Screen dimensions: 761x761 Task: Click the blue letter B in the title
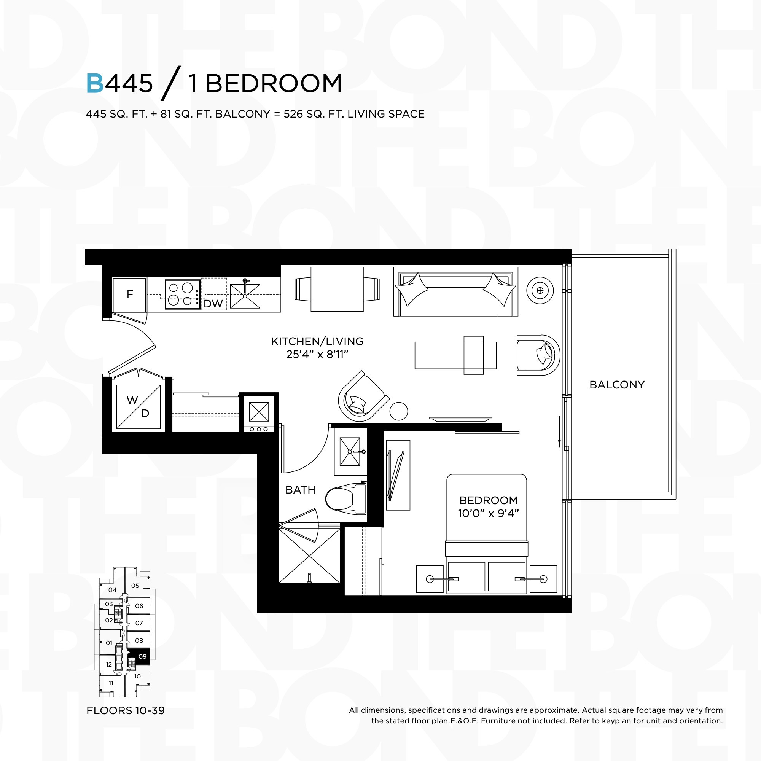tap(95, 83)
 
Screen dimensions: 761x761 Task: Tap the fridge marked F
tap(130, 295)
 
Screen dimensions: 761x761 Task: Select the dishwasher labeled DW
tap(214, 294)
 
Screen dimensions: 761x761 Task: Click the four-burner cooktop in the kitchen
tap(183, 294)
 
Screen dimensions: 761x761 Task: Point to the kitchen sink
tap(245, 295)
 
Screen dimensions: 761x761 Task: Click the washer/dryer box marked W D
tap(138, 407)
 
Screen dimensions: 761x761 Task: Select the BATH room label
tap(300, 490)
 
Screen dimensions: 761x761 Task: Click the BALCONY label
tap(617, 385)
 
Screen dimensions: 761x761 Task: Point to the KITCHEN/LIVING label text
tap(317, 342)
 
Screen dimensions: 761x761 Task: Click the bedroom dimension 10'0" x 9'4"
tap(489, 514)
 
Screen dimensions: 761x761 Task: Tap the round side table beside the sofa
tap(540, 291)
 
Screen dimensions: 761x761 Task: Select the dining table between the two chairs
tap(337, 290)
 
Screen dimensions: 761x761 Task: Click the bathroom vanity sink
tap(350, 451)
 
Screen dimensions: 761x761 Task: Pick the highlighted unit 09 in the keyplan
tap(142, 657)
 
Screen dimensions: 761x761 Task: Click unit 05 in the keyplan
tap(135, 586)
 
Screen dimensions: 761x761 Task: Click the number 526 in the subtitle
tap(293, 114)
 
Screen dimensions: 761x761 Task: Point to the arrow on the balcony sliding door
tap(559, 431)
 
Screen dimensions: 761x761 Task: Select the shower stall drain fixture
tap(310, 578)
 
